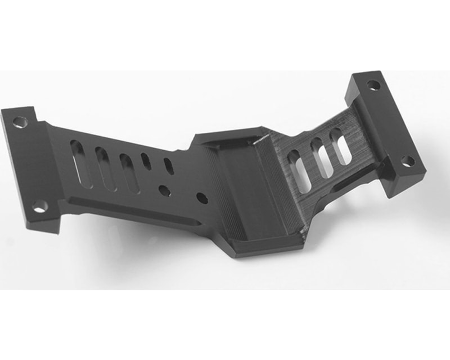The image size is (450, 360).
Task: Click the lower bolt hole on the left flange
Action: coord(39,208)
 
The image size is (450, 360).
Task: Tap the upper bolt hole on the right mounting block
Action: coord(373,85)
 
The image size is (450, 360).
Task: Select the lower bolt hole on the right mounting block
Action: coord(408,161)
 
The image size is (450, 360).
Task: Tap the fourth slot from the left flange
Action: coord(146,161)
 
